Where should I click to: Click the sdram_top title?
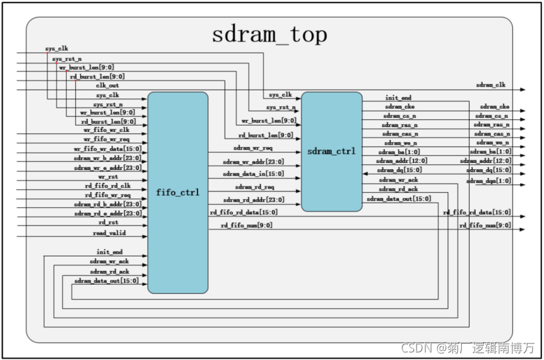point(269,35)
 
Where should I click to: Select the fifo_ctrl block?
point(178,193)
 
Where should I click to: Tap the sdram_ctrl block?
point(331,152)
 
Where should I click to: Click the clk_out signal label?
point(107,85)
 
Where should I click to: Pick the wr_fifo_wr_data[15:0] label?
point(107,148)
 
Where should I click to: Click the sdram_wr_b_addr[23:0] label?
point(107,158)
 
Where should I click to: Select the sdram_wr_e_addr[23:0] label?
point(107,167)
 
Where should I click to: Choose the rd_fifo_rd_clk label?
point(107,186)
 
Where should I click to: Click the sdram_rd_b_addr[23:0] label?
point(107,204)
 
